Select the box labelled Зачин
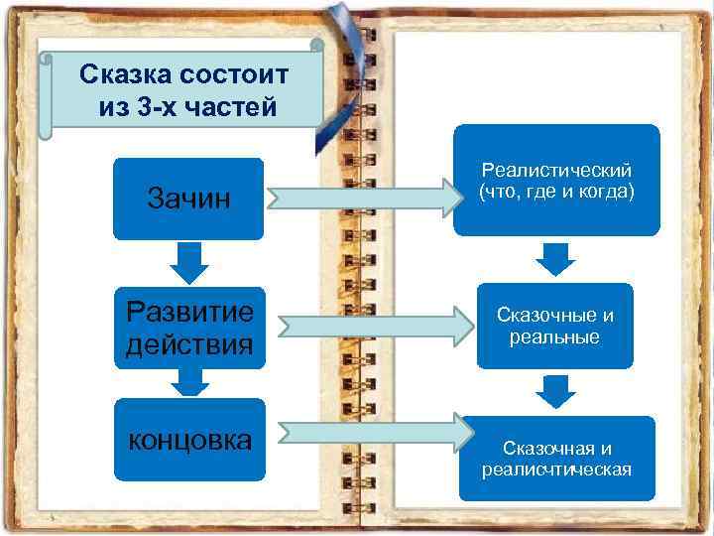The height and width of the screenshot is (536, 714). click(x=188, y=199)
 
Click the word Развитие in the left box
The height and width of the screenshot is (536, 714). click(x=189, y=312)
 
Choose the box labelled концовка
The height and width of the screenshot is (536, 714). click(x=188, y=440)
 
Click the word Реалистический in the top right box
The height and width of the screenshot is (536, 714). click(x=556, y=171)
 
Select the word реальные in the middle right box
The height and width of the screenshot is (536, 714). click(x=556, y=337)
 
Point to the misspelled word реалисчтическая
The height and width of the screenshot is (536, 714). click(x=556, y=469)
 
